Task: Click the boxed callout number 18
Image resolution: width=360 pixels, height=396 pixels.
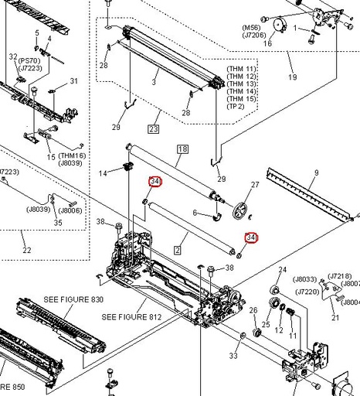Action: (183, 148)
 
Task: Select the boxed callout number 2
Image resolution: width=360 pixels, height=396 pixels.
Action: (177, 250)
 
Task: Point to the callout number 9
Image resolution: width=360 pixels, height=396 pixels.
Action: (315, 173)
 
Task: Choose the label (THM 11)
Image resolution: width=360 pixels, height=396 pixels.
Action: (242, 69)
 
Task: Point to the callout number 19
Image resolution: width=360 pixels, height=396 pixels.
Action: (292, 77)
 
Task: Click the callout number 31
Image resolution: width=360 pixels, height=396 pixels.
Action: (75, 81)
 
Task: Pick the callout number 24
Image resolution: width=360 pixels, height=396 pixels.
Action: (283, 269)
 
